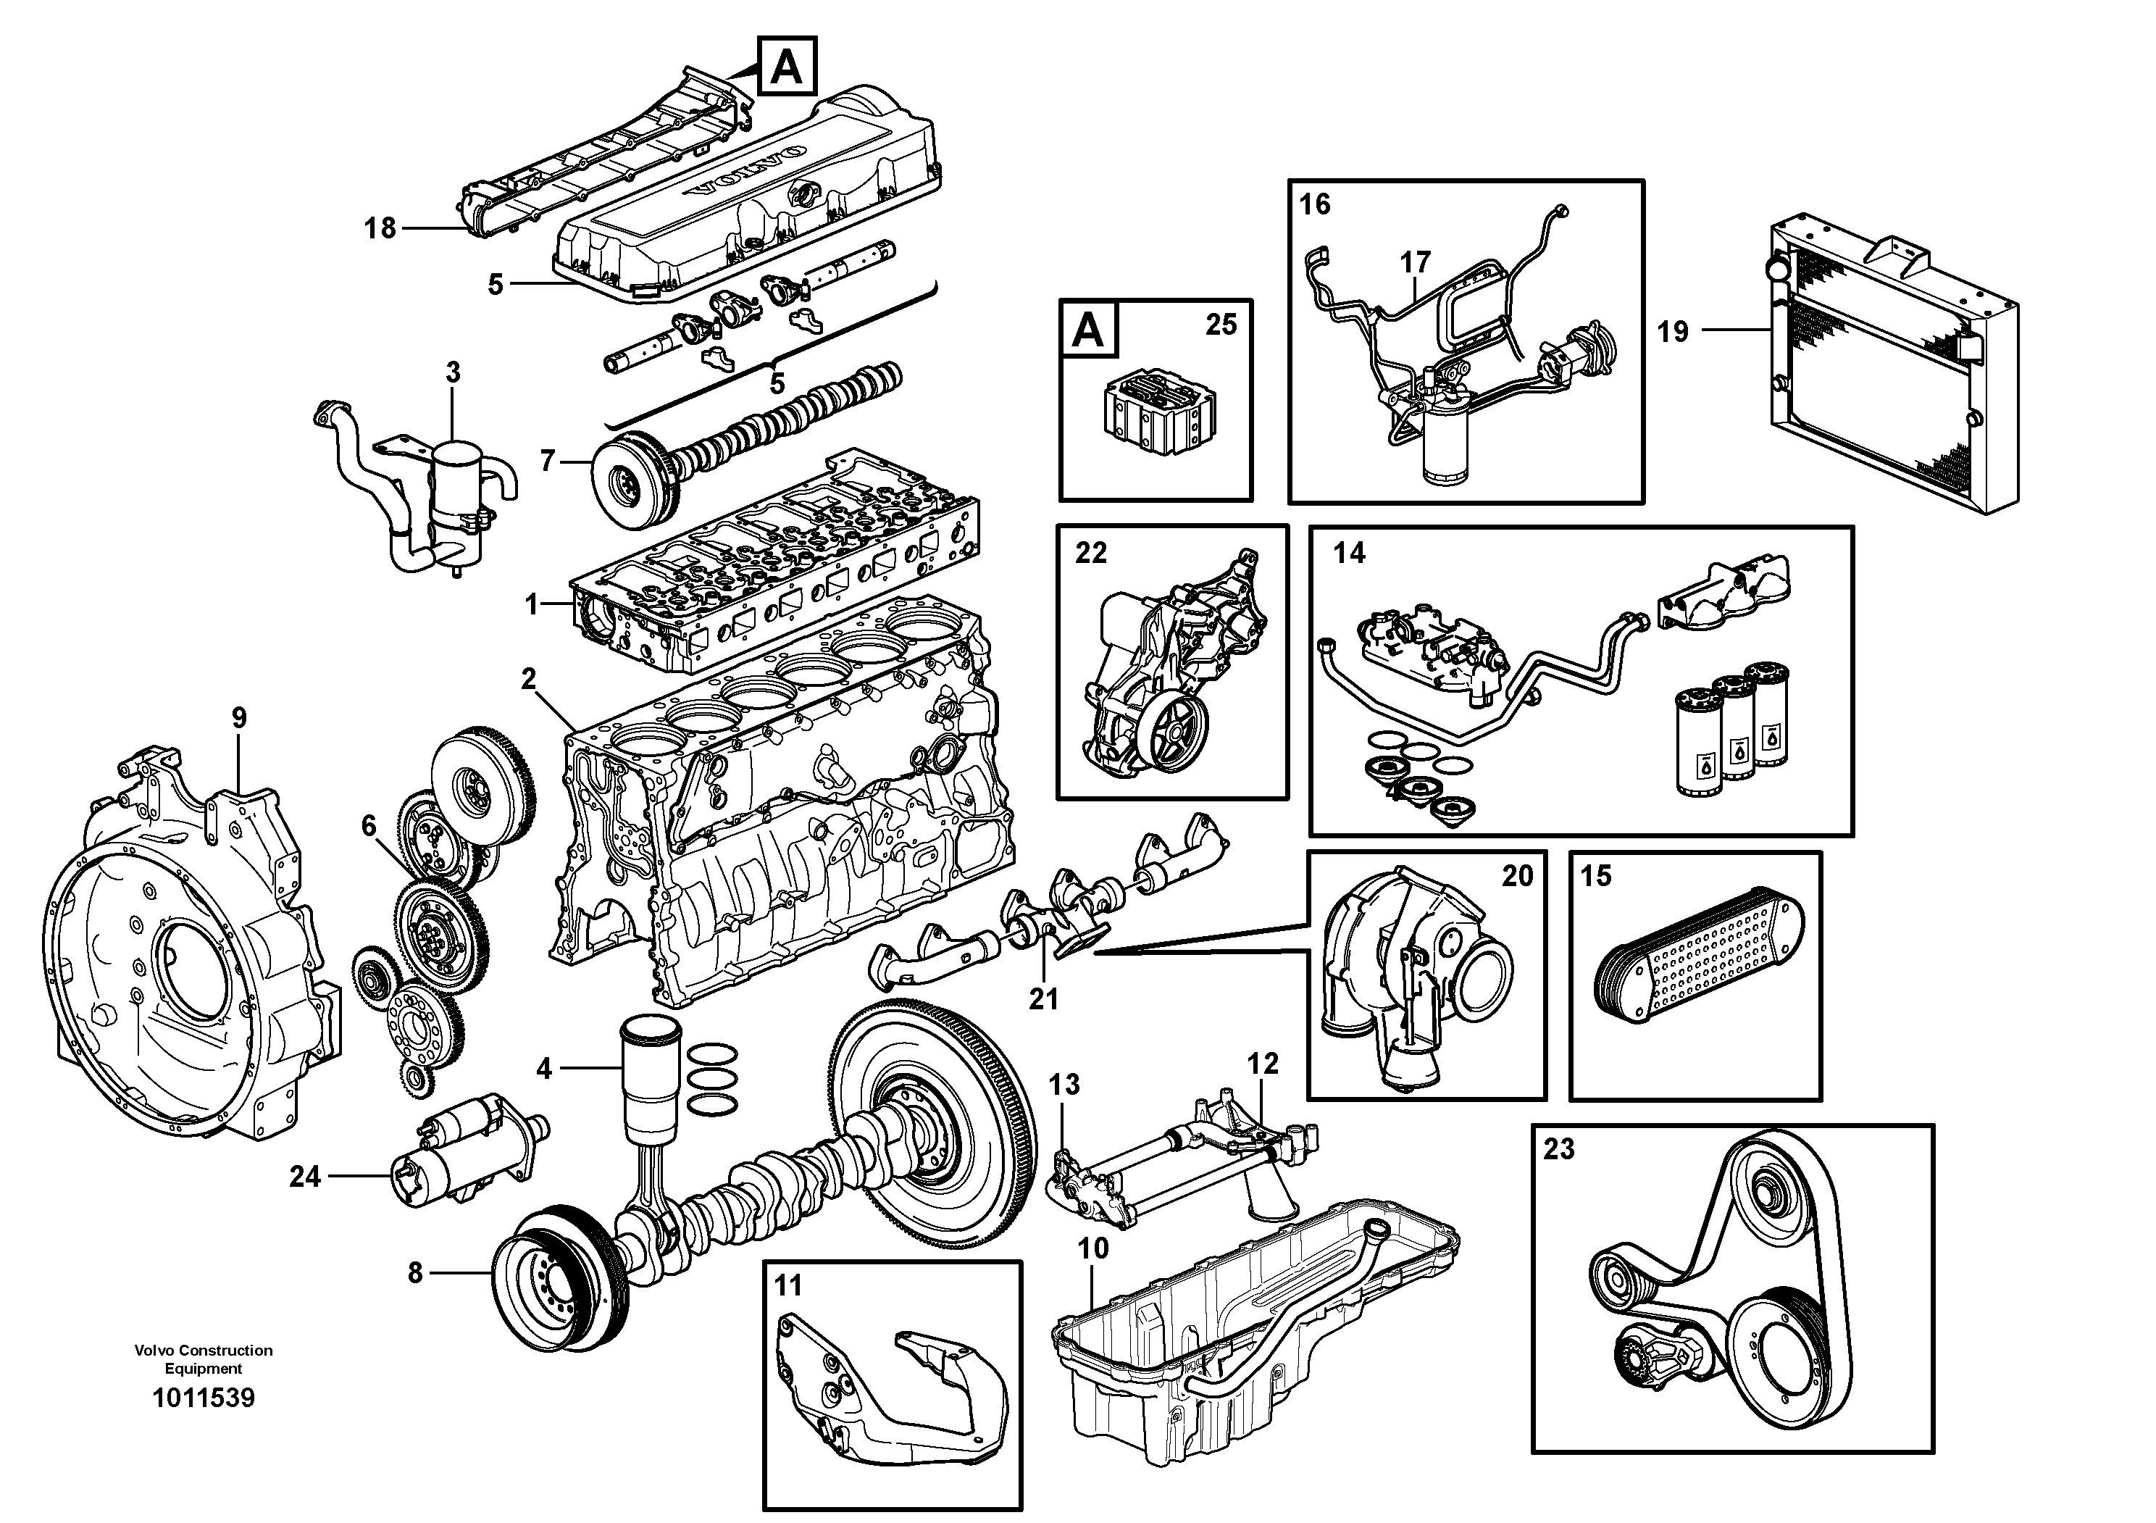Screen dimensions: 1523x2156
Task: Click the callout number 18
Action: tap(380, 228)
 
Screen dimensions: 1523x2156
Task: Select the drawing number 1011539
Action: tap(203, 1398)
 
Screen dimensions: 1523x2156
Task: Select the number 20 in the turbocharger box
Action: tap(1516, 876)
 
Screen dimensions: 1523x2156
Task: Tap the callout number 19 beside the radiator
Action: tap(1672, 331)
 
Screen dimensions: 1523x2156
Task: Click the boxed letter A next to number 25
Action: tap(1088, 330)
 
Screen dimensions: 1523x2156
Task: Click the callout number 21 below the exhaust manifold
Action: tap(1043, 999)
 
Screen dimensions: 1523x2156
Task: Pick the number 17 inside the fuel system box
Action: tap(1415, 262)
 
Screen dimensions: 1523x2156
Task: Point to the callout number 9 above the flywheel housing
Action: tap(240, 718)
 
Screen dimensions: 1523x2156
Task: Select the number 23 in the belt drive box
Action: tap(1559, 1149)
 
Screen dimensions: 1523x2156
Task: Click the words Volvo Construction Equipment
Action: tap(203, 1359)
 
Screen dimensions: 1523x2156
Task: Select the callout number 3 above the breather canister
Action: tap(453, 372)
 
